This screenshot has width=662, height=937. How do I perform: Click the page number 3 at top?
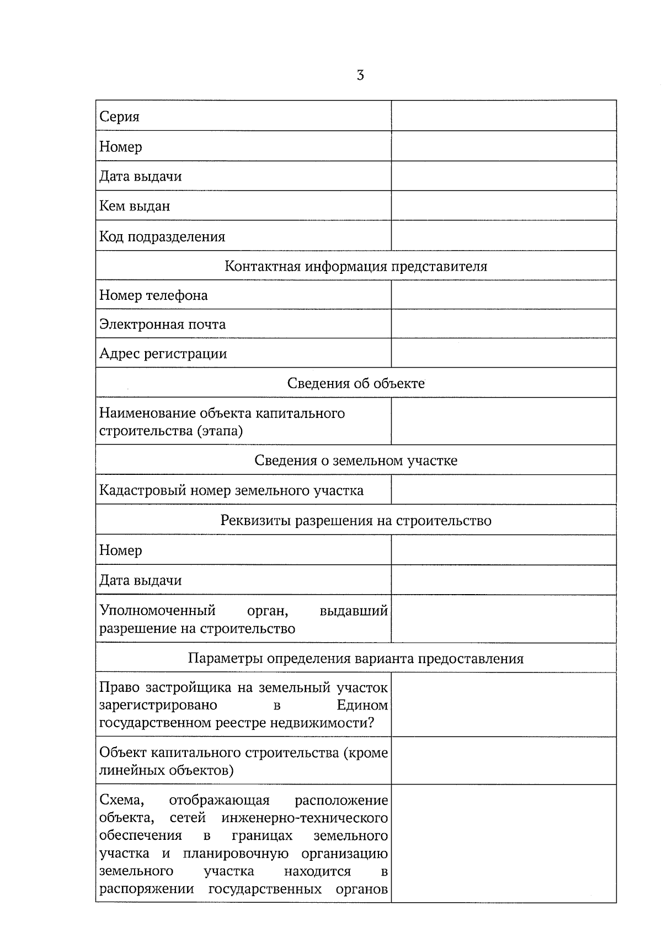tap(360, 76)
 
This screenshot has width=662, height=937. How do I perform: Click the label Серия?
tap(119, 117)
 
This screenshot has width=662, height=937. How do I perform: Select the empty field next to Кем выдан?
tap(503, 206)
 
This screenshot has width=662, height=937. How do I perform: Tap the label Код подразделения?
tap(162, 237)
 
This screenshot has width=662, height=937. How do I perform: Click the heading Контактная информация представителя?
tap(356, 266)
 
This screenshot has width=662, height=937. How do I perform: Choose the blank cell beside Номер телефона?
tap(503, 295)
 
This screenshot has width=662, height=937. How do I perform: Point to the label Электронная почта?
tap(162, 324)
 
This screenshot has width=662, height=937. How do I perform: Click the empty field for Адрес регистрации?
tap(503, 353)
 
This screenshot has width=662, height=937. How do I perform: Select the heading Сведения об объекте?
tap(356, 383)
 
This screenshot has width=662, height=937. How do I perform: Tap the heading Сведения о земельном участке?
tap(356, 460)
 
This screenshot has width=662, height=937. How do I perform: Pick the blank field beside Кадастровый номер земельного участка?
tap(503, 490)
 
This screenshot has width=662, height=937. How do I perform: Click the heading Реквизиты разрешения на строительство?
tap(356, 521)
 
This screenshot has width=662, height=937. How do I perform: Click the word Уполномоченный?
tap(157, 611)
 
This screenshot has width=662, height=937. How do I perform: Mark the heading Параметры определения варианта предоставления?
tap(356, 658)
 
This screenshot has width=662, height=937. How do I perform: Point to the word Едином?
tap(362, 705)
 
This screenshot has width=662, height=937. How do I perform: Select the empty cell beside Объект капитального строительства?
tap(503, 761)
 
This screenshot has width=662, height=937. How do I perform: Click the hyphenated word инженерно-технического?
tap(305, 818)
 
